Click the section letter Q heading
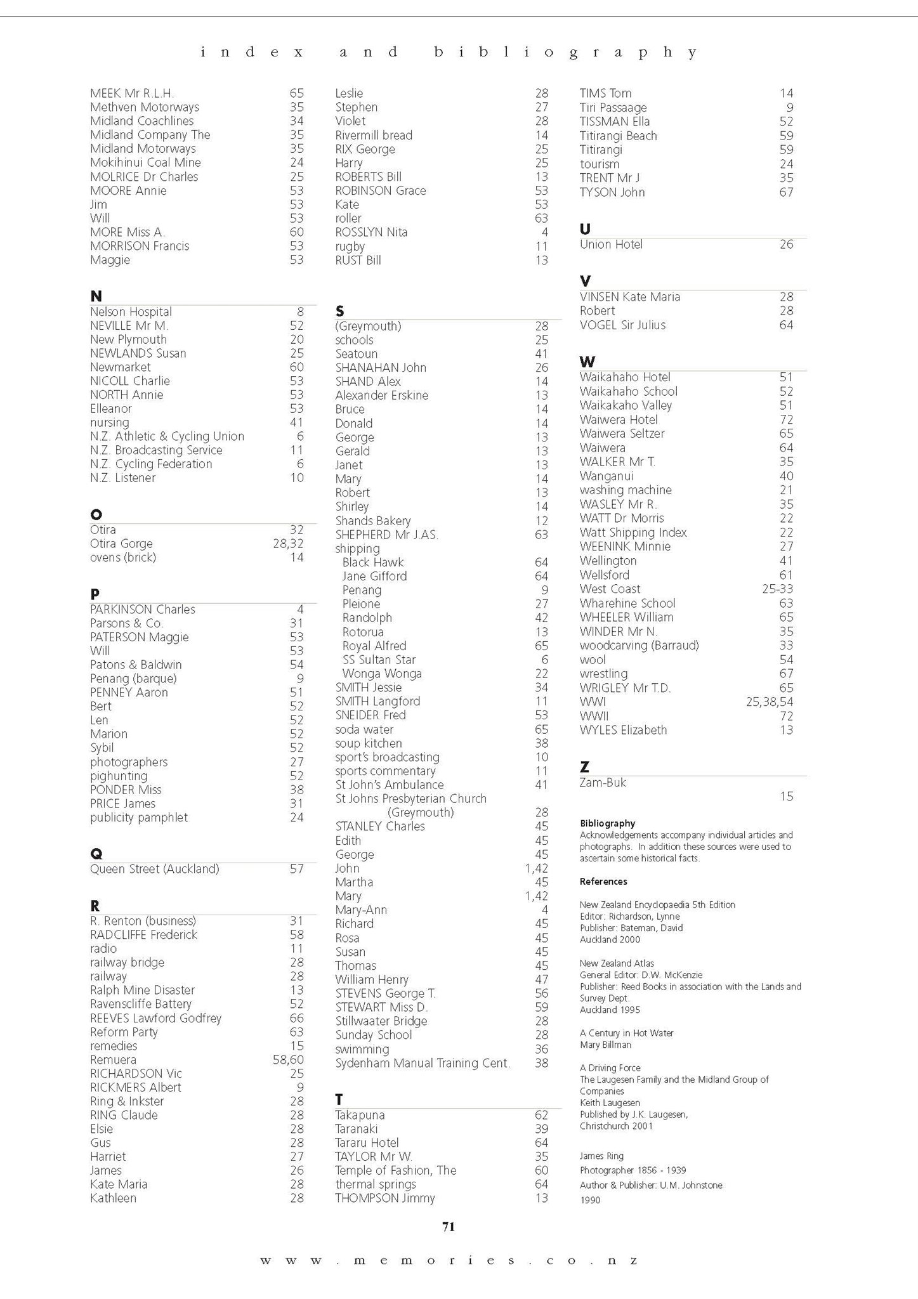tap(96, 854)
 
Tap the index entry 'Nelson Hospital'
tap(131, 311)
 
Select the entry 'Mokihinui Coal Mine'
tap(145, 162)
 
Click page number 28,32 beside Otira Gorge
tap(288, 544)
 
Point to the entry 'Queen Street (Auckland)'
tap(154, 869)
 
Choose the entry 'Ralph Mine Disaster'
tap(142, 990)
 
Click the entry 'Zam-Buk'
tap(603, 782)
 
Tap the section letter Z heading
tap(584, 767)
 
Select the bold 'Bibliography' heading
tap(607, 823)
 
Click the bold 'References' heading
tap(603, 882)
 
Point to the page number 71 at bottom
tap(449, 1227)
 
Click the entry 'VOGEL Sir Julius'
tap(622, 325)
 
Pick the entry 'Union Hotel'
tap(611, 244)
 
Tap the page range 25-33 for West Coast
tap(777, 589)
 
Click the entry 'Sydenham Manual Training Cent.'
tap(423, 1063)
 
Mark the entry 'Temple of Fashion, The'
tap(395, 1170)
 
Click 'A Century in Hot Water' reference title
tap(626, 1033)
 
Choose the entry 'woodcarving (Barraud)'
tap(639, 645)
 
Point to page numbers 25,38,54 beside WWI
tap(769, 702)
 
